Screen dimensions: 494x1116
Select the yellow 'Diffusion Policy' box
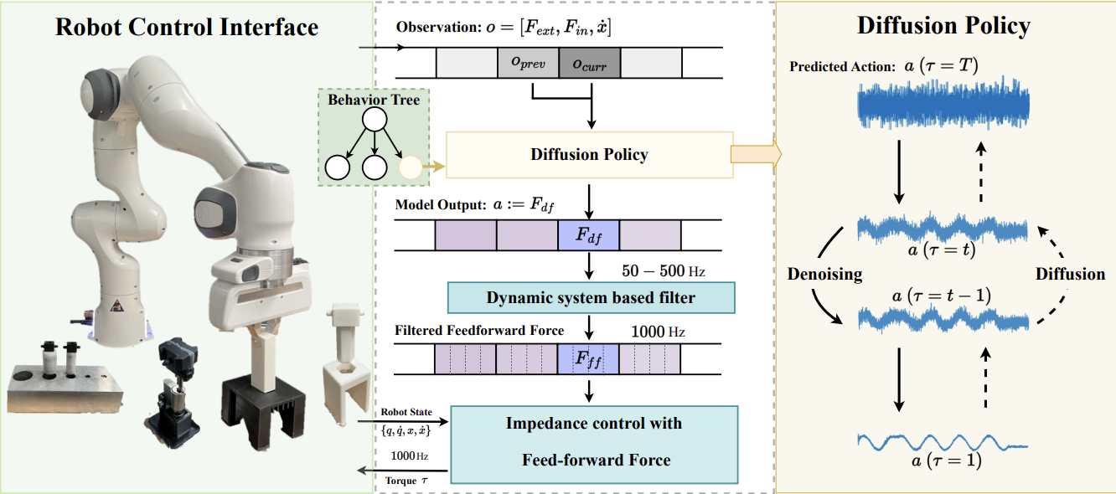(x=589, y=155)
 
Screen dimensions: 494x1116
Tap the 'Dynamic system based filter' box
(x=591, y=298)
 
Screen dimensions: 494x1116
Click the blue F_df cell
(x=588, y=235)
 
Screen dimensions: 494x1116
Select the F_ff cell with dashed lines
(x=588, y=359)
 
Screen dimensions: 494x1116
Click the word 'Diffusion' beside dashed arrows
(x=1070, y=275)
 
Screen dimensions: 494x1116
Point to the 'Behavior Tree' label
(x=374, y=100)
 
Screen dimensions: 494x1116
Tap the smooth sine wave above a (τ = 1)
(x=943, y=440)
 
